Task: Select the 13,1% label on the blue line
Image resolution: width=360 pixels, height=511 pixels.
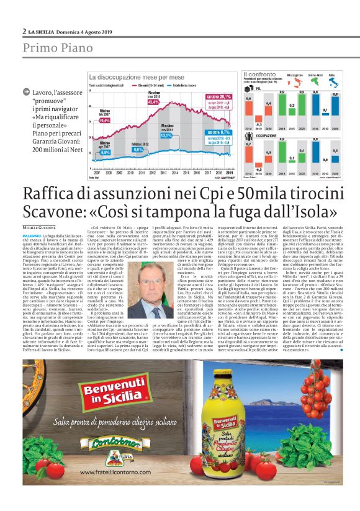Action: pos(166,135)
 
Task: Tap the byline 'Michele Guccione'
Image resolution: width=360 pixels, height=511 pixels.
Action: pos(40,228)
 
